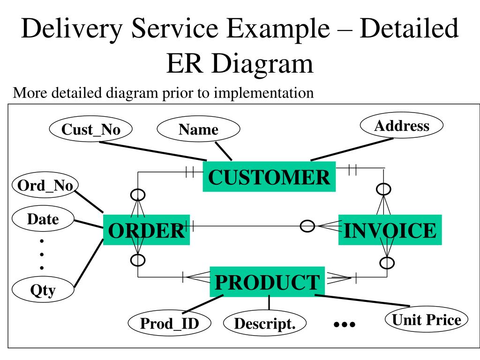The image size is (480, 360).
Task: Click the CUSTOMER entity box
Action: coord(269,177)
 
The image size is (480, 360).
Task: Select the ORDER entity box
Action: coord(146,230)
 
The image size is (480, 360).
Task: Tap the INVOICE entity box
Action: coord(390,230)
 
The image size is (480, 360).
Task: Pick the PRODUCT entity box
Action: coord(267,282)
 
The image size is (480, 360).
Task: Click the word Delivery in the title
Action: coord(72,28)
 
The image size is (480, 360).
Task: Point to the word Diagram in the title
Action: coord(262,64)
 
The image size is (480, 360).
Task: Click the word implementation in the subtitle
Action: coord(263,93)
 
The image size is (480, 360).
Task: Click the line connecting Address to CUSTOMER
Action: coord(352,149)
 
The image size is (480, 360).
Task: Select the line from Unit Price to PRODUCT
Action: coord(362,300)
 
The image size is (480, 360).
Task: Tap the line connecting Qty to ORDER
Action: coord(89,263)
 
